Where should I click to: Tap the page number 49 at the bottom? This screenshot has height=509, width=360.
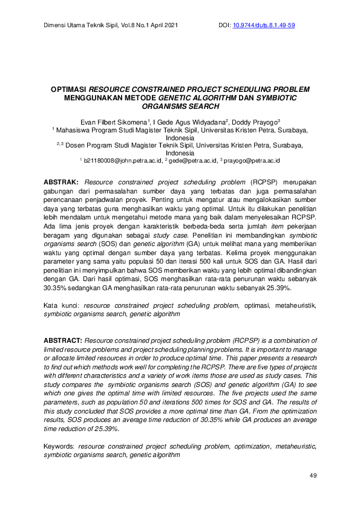(x=313, y=476)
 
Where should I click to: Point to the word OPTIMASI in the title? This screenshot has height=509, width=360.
(x=69, y=88)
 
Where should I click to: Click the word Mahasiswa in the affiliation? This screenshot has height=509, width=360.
(x=74, y=130)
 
